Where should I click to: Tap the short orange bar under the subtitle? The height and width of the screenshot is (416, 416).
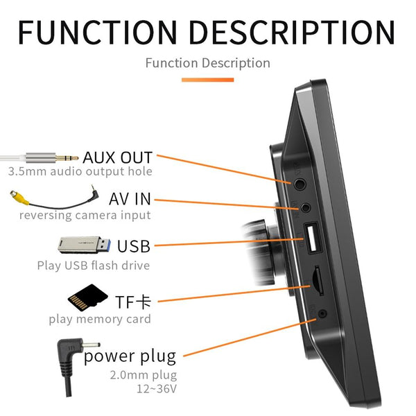[x=207, y=80]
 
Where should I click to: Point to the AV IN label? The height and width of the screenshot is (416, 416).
[x=130, y=200]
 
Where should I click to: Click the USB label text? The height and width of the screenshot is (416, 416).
[x=134, y=246]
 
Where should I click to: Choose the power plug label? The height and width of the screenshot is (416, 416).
[x=130, y=357]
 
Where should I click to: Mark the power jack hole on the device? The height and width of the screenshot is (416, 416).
[x=322, y=314]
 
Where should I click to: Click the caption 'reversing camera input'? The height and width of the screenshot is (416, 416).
[x=85, y=215]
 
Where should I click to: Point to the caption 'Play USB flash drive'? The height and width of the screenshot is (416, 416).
[x=93, y=265]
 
